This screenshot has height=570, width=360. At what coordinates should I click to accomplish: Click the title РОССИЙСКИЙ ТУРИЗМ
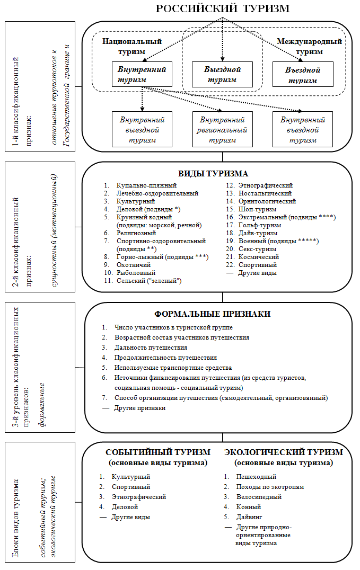(223, 9)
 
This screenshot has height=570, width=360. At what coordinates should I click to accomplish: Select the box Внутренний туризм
(142, 75)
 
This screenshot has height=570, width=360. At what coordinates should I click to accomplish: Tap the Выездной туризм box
(222, 75)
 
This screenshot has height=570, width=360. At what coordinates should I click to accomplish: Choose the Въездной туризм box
(303, 75)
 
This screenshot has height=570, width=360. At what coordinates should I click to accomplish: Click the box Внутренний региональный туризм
(222, 129)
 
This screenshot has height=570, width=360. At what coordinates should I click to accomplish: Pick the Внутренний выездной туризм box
(142, 129)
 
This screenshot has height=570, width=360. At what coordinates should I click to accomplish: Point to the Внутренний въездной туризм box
(303, 129)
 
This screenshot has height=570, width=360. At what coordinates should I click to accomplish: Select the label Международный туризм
(310, 47)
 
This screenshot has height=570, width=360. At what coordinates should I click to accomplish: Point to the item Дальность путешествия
(151, 348)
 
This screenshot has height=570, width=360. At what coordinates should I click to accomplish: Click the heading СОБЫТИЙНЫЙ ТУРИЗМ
(158, 452)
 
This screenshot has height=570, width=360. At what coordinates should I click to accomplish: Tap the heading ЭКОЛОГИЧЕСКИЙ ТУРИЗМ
(284, 452)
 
